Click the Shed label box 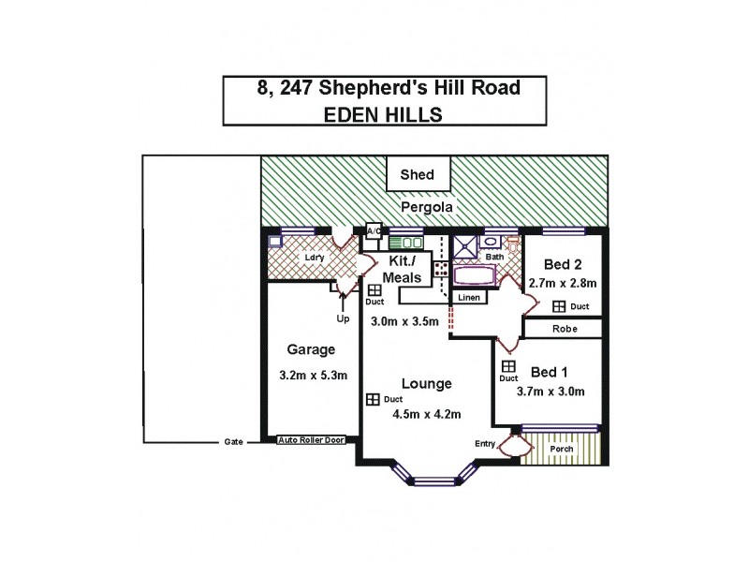coord(418,174)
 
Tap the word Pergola coord(428,206)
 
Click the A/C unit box coord(374,230)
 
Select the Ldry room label coord(313,257)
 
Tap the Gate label coord(233,441)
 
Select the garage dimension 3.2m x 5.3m coord(313,376)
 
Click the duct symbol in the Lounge coord(373,400)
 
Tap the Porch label coord(563,448)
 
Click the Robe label coord(563,329)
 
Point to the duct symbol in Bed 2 coord(559,306)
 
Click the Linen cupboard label coord(469,298)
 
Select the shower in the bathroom coord(465,248)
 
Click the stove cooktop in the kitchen coord(439,271)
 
